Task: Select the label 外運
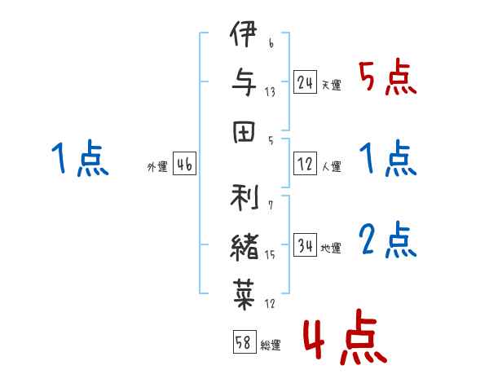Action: (x=156, y=167)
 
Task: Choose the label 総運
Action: (x=271, y=345)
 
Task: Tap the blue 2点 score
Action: (x=388, y=240)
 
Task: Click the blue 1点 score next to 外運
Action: (x=80, y=159)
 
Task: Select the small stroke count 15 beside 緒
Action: (x=271, y=256)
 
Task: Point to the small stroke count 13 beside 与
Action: (x=271, y=92)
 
